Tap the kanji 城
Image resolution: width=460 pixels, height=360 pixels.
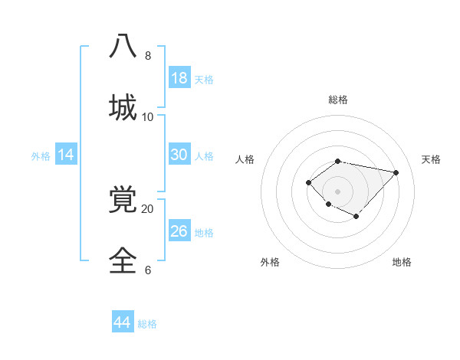tap(123, 106)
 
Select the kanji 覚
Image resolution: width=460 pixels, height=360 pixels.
tap(123, 200)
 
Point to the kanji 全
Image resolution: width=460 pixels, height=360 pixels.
tap(123, 260)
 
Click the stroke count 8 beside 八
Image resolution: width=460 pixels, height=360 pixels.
tap(148, 56)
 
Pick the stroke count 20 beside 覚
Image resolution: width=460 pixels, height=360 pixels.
tap(148, 208)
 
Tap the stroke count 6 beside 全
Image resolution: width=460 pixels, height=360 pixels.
tap(148, 270)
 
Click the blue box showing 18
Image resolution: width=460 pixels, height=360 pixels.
tap(179, 78)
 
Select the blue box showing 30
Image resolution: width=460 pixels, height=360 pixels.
tap(179, 155)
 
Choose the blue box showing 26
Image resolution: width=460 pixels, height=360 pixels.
tap(179, 231)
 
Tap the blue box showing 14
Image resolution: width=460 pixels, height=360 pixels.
tap(66, 155)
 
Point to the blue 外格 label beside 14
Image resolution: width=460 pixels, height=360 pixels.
tap(41, 155)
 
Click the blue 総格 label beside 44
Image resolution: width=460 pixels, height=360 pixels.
tap(148, 324)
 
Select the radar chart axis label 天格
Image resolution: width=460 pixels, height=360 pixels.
tap(431, 159)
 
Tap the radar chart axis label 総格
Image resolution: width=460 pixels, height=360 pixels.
tap(338, 100)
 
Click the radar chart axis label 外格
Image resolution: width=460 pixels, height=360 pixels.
tap(270, 262)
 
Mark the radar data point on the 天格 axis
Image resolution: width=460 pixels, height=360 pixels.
tap(396, 172)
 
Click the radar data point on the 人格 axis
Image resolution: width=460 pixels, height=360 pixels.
tap(308, 182)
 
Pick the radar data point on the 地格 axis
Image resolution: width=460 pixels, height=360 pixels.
tap(356, 217)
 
